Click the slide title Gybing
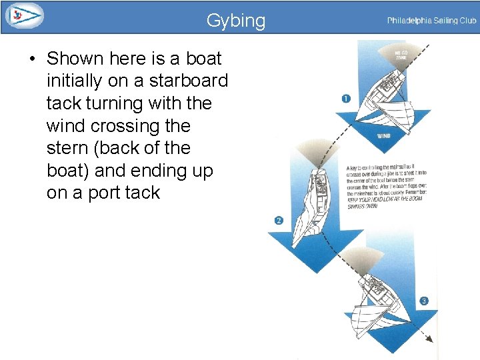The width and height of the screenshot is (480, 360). click(x=235, y=21)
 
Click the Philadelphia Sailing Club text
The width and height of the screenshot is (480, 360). click(x=431, y=21)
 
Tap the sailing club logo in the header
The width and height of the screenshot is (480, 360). click(x=23, y=15)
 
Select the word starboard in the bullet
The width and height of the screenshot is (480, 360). click(x=189, y=81)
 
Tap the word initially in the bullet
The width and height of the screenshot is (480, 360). click(x=75, y=81)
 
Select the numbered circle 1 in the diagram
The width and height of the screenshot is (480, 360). click(x=345, y=99)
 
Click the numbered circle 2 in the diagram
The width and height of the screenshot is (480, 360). click(x=278, y=220)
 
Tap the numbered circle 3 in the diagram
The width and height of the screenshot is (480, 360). click(x=424, y=301)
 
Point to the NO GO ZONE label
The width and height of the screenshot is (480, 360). click(x=401, y=55)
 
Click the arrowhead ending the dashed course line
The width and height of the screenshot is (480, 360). click(x=428, y=339)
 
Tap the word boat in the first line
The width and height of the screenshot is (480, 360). click(x=203, y=59)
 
